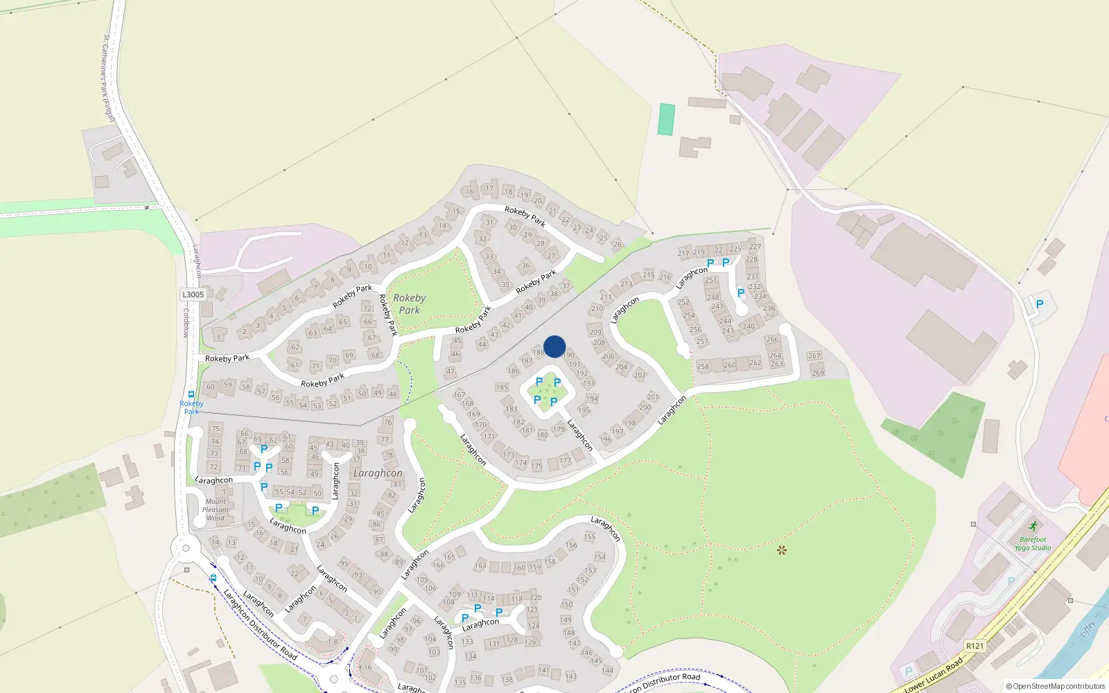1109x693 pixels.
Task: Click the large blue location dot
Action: tap(554, 346)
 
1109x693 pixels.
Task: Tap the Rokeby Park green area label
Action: tap(409, 304)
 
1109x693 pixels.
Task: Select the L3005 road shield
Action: tap(193, 295)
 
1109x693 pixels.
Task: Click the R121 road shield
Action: tap(975, 646)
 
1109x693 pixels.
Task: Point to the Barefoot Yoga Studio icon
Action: tap(1033, 527)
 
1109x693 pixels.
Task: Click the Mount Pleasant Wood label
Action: tap(215, 509)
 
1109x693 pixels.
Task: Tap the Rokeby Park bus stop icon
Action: tap(191, 394)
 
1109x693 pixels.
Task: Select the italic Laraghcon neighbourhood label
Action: tap(378, 473)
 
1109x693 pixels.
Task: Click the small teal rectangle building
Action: tap(666, 119)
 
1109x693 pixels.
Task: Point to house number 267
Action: tap(814, 356)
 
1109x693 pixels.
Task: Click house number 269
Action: tap(818, 373)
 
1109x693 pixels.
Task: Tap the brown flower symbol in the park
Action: tap(782, 550)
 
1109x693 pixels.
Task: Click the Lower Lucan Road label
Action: tap(934, 676)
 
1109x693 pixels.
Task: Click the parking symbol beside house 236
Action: tap(741, 293)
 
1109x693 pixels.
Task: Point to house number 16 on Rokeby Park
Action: tap(470, 192)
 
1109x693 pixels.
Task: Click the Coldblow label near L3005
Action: tap(186, 323)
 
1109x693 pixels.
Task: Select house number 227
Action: tap(755, 247)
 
